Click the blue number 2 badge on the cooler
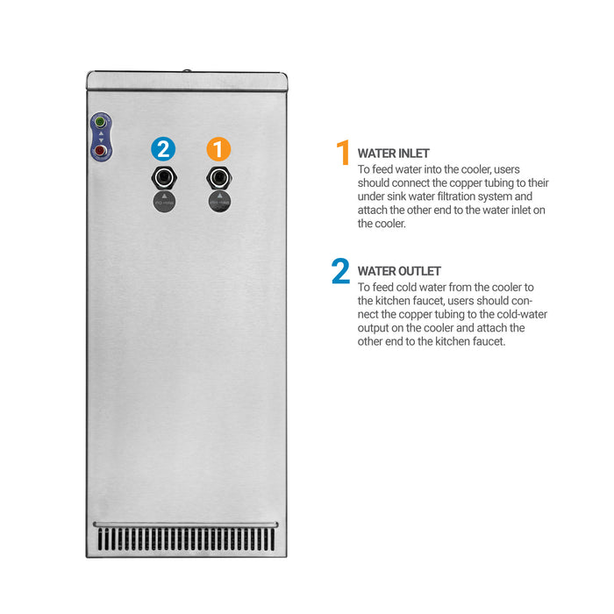163,149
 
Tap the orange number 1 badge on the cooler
218,149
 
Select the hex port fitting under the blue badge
164,178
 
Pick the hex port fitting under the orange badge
219,178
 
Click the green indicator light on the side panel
100,122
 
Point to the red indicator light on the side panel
100,150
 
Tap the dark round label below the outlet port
164,202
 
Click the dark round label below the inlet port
219,202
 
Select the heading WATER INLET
393,153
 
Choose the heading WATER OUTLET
399,271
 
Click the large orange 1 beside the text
343,153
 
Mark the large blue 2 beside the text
340,270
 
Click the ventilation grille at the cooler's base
186,539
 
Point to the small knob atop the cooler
187,71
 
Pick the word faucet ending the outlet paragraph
489,341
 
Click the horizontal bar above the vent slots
186,525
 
